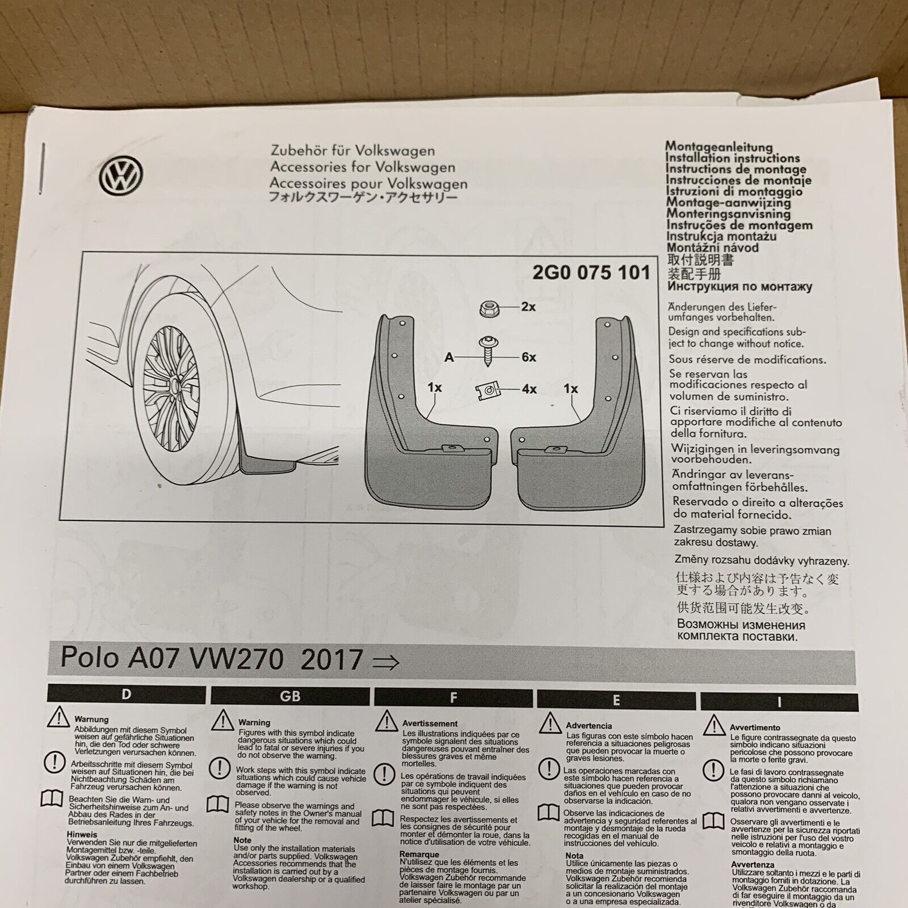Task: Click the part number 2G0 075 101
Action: [591, 273]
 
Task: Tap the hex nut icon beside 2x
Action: [489, 308]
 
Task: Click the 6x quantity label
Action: [528, 357]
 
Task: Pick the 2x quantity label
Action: [528, 307]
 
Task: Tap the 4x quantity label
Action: [529, 389]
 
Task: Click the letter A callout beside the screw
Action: [449, 358]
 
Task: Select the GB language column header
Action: [290, 696]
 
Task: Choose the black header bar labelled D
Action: [127, 694]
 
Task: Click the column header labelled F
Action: [453, 698]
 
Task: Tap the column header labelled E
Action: [616, 700]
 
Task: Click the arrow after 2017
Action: [385, 662]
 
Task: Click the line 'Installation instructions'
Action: [733, 158]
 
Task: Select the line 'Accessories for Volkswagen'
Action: [363, 167]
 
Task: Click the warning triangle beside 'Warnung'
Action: [58, 718]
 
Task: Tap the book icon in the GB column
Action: [218, 804]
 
